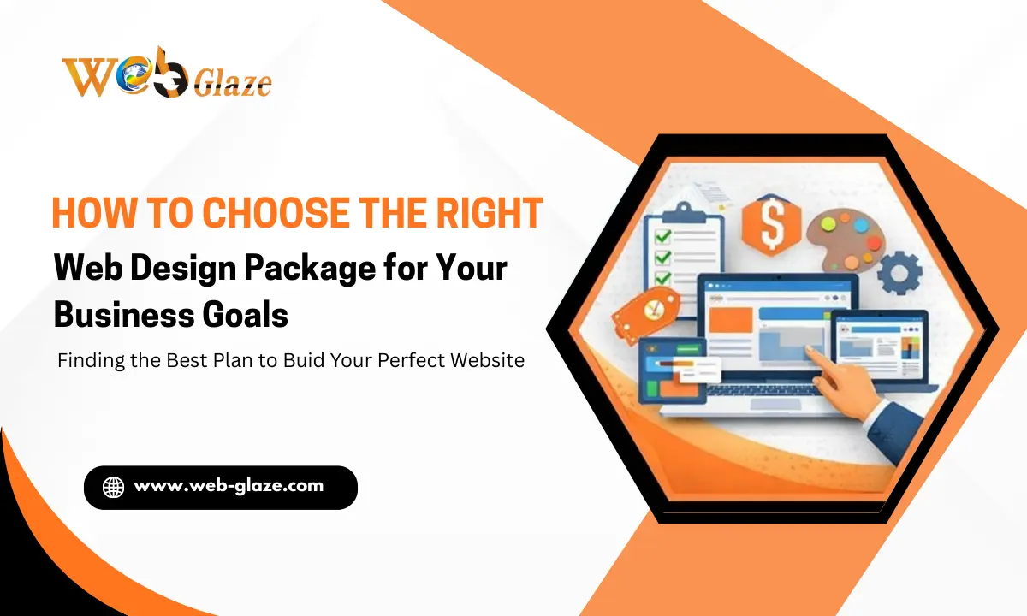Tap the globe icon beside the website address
point(113,487)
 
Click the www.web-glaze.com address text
point(229,486)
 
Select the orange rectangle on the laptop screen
point(730,319)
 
